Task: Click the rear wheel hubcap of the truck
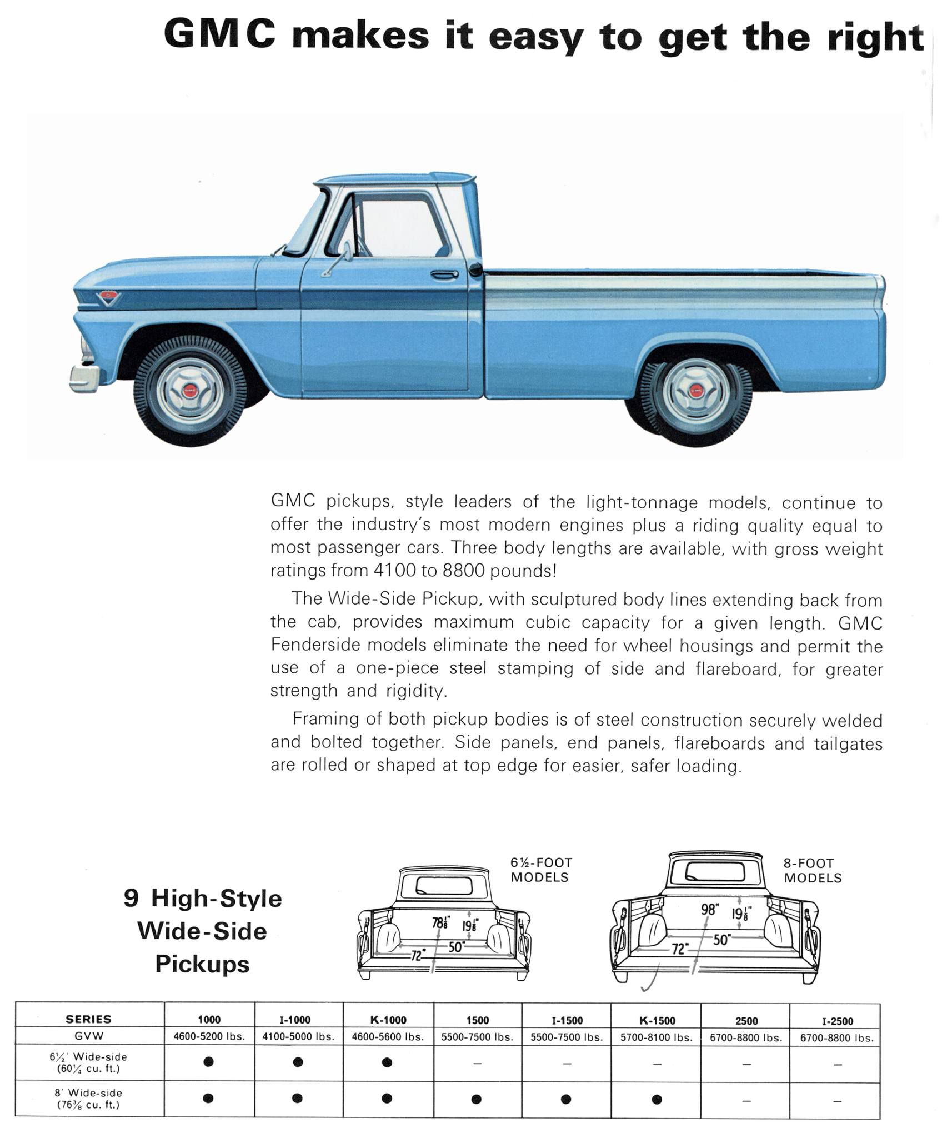click(696, 392)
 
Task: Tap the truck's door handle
click(444, 274)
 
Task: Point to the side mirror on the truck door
click(347, 251)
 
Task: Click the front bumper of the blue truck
click(84, 377)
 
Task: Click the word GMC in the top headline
click(220, 34)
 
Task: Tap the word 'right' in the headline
click(875, 38)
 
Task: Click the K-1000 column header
click(388, 1020)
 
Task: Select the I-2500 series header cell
click(838, 1021)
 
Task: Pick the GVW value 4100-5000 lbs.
click(299, 1037)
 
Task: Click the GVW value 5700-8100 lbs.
click(657, 1037)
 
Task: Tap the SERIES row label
click(89, 1019)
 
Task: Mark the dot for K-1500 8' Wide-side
click(657, 1099)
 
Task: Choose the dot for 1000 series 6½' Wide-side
click(208, 1062)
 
